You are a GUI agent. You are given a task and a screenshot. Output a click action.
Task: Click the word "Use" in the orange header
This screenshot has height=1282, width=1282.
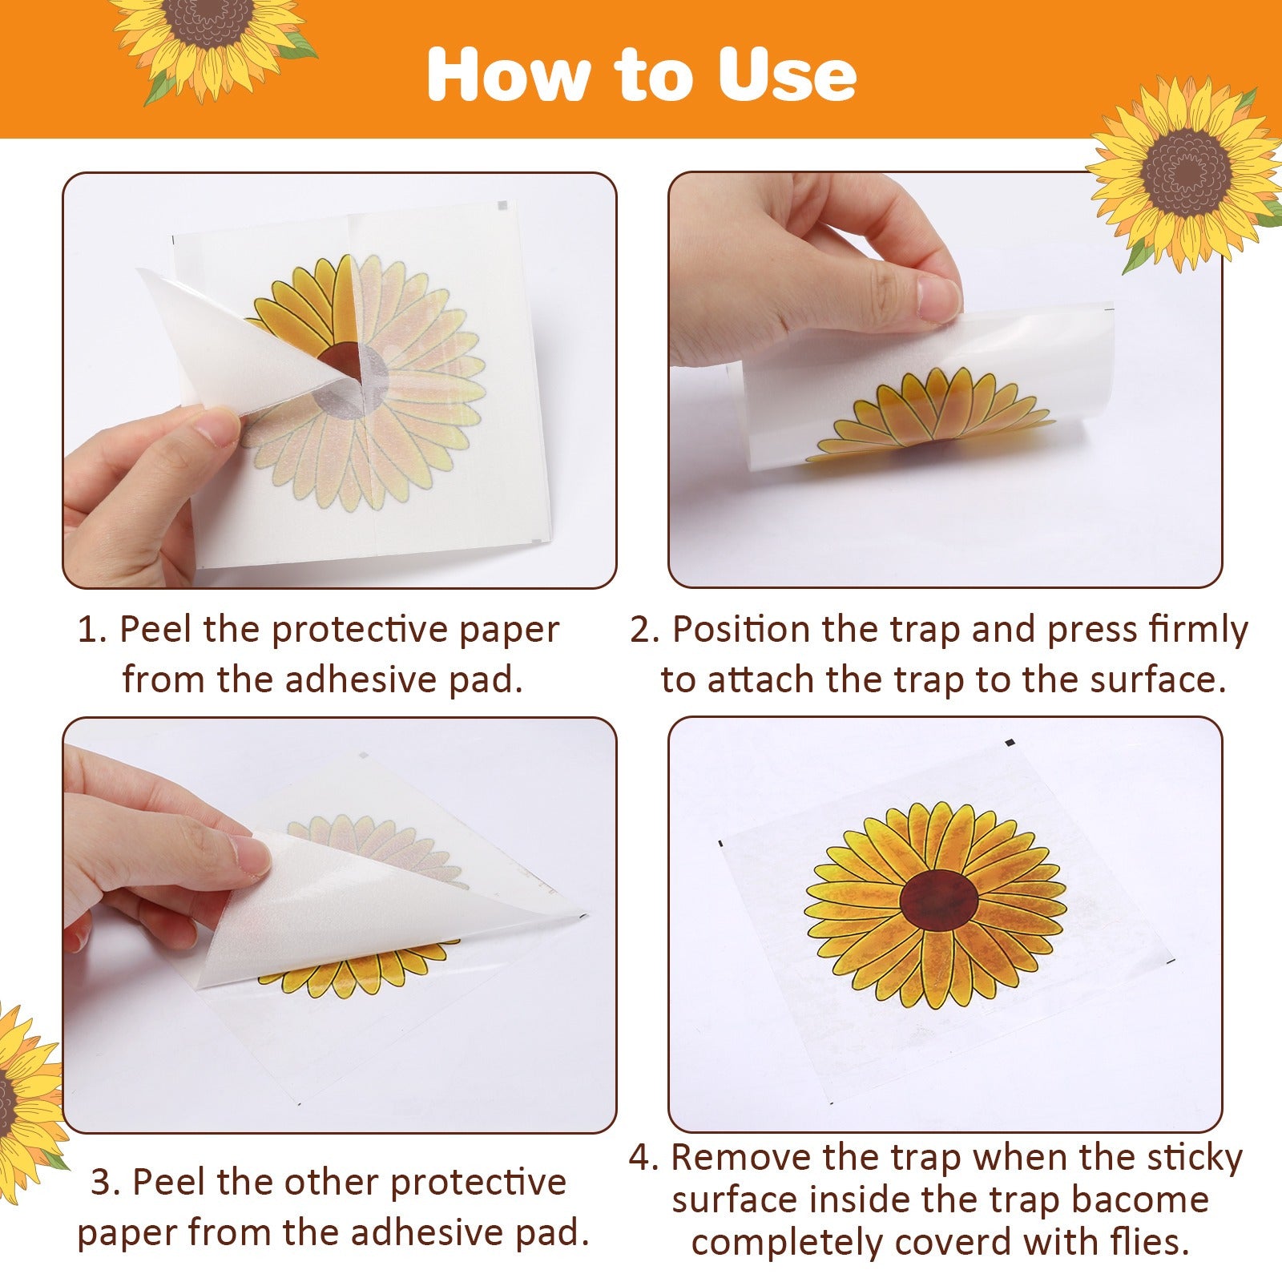(x=787, y=74)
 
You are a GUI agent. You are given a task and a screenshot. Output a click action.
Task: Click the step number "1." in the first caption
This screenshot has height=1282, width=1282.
(x=92, y=630)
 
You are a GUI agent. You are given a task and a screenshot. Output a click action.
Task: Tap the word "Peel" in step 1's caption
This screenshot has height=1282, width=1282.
(x=155, y=629)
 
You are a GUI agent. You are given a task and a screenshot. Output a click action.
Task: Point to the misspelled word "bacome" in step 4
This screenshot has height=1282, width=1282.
(x=1140, y=1199)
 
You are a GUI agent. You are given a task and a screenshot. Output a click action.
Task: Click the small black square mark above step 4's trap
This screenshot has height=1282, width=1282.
(x=1010, y=743)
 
